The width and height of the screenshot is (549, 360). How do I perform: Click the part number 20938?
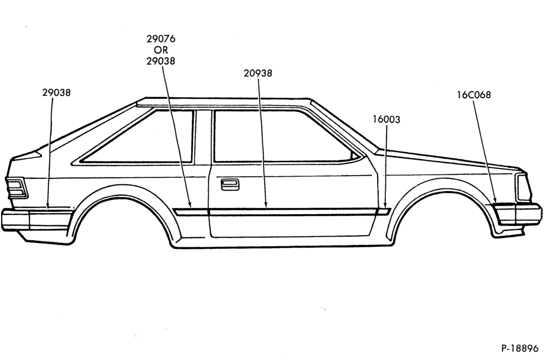tap(258, 73)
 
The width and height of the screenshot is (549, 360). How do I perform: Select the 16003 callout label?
tap(386, 119)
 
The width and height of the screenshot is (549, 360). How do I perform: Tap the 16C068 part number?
tap(474, 95)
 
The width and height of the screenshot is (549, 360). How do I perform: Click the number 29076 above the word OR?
tap(161, 38)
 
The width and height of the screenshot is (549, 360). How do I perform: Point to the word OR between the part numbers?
tap(161, 50)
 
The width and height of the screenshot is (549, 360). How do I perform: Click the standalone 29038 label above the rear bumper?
tap(57, 92)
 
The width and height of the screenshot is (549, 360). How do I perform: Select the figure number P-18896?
tap(519, 348)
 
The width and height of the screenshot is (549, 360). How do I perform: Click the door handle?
tap(230, 184)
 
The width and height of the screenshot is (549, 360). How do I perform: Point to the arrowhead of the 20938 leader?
tap(266, 205)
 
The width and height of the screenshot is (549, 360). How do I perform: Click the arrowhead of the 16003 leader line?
tap(385, 205)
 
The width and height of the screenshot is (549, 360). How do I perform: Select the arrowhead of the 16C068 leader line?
tap(495, 200)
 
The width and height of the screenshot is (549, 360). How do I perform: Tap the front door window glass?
tap(280, 137)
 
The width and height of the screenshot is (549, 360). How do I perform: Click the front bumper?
tap(518, 214)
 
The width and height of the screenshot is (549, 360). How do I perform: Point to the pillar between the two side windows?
tap(203, 137)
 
